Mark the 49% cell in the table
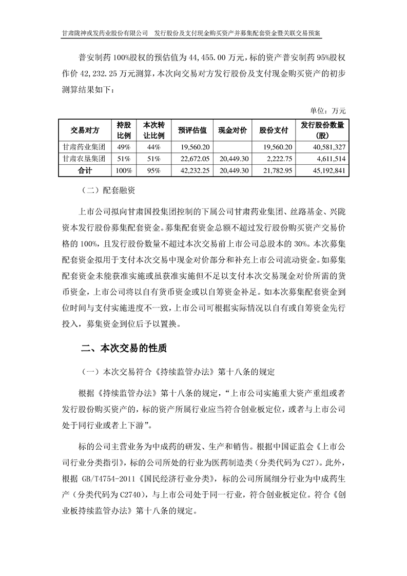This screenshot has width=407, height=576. pos(124,146)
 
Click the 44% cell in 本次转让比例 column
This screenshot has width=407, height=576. pos(153,146)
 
